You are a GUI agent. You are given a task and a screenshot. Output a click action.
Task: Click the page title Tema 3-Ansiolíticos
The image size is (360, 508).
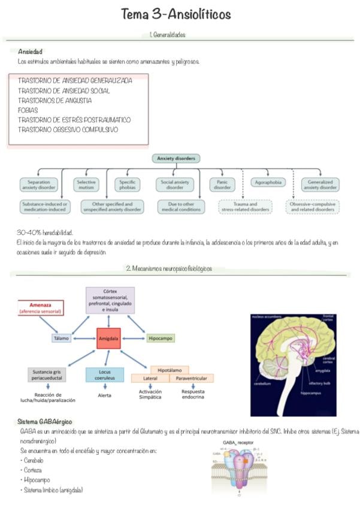pos(176,14)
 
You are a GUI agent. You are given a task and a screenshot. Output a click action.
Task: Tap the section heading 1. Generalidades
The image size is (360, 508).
pos(168,35)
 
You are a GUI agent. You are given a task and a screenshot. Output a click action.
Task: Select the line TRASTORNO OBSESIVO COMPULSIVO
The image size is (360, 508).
pos(68,129)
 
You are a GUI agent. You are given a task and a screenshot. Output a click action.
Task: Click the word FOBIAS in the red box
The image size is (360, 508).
pos(28,110)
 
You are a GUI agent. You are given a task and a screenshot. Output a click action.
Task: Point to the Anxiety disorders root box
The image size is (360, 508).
pos(176,159)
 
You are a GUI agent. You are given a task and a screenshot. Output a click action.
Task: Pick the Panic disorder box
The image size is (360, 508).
pos(222,185)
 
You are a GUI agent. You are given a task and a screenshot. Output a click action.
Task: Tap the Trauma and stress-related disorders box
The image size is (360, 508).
pos(245,207)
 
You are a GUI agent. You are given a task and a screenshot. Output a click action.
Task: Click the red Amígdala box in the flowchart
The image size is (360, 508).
pos(108,338)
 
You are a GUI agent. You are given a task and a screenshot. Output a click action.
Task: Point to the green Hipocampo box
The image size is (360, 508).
pos(160,338)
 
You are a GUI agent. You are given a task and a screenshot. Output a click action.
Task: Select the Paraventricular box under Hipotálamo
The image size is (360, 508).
pos(192,379)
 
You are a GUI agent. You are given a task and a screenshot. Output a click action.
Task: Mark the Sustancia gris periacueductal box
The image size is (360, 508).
pos(46,375)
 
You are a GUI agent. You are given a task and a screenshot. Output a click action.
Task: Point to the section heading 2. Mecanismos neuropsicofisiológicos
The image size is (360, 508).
pos(169,269)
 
